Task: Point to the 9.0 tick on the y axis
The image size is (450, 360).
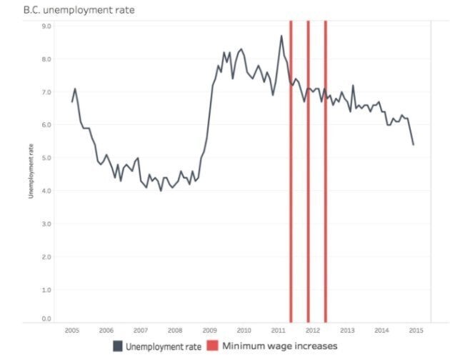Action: [x=46, y=26]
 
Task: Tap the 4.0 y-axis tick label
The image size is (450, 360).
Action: [x=46, y=191]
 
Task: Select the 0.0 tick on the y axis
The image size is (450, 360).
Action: [x=46, y=319]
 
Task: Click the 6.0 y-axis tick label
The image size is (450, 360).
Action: [x=46, y=125]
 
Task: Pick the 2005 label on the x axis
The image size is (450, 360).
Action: [x=71, y=331]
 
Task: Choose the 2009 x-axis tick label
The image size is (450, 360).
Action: [x=209, y=331]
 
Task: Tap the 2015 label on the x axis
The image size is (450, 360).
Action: [x=416, y=331]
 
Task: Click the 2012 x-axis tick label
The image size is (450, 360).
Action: [x=313, y=331]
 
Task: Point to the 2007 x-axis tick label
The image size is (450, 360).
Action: [x=141, y=331]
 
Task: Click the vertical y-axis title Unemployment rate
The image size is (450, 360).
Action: [x=31, y=171]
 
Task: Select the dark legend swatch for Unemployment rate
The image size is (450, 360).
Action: [x=117, y=346]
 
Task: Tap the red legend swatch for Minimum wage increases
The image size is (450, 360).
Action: [x=213, y=346]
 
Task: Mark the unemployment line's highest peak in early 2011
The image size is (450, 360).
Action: [x=281, y=36]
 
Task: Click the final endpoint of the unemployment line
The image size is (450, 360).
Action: [x=414, y=144]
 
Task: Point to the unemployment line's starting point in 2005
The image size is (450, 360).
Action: [x=72, y=101]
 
